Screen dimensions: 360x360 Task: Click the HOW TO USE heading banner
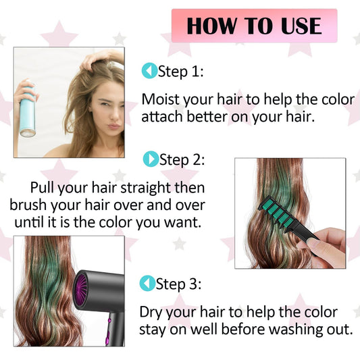click(x=255, y=26)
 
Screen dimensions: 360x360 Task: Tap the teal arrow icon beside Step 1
click(x=149, y=71)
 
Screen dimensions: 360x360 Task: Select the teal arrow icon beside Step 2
click(x=151, y=159)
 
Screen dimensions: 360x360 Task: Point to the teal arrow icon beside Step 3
click(x=147, y=283)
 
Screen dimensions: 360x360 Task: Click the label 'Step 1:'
click(x=181, y=72)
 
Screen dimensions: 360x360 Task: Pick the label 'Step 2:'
click(x=182, y=160)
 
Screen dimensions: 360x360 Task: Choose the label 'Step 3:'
click(x=178, y=284)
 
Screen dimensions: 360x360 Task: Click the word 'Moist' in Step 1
click(x=161, y=99)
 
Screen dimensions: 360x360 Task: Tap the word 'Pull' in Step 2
click(x=43, y=187)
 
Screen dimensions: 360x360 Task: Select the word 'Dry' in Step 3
click(x=152, y=313)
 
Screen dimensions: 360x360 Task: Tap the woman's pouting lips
click(x=114, y=126)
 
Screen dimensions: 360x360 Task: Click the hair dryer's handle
click(x=115, y=329)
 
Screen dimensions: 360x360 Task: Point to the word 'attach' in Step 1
click(x=162, y=117)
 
